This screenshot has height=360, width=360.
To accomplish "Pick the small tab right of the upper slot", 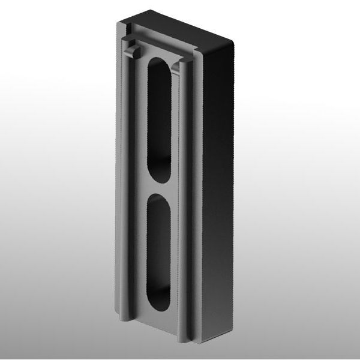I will click(176, 67).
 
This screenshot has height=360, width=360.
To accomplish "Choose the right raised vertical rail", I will click(187, 198).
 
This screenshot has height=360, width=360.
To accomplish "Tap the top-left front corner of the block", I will click(117, 23).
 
